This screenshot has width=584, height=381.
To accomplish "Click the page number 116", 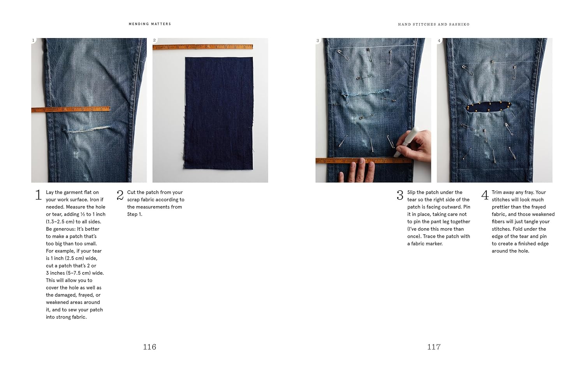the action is click(150, 347).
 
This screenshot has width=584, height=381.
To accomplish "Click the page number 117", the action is click(434, 347).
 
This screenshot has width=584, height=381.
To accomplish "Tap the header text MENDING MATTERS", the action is click(150, 24).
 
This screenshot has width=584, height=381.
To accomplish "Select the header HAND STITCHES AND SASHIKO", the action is click(434, 25).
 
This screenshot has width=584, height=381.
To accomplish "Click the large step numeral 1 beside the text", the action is click(38, 195).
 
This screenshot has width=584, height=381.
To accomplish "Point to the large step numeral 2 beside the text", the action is click(120, 195).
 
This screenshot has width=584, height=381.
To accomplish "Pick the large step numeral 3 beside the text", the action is click(400, 195).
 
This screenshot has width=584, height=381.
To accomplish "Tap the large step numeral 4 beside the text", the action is click(485, 195).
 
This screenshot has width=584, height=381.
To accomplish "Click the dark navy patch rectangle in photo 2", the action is click(218, 113).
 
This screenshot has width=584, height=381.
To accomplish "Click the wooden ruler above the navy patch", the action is click(203, 47).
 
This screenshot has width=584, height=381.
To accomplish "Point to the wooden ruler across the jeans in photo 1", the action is click(70, 109).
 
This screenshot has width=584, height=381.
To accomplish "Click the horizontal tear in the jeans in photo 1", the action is click(87, 129).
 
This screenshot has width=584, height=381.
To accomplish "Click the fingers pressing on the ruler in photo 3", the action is click(357, 171).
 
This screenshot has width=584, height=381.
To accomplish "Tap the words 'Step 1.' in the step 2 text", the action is click(135, 214).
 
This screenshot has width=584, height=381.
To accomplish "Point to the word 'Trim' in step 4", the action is click(497, 192).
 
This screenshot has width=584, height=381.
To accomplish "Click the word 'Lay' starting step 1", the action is click(50, 192).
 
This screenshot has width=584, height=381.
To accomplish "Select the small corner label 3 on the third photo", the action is click(318, 40).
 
